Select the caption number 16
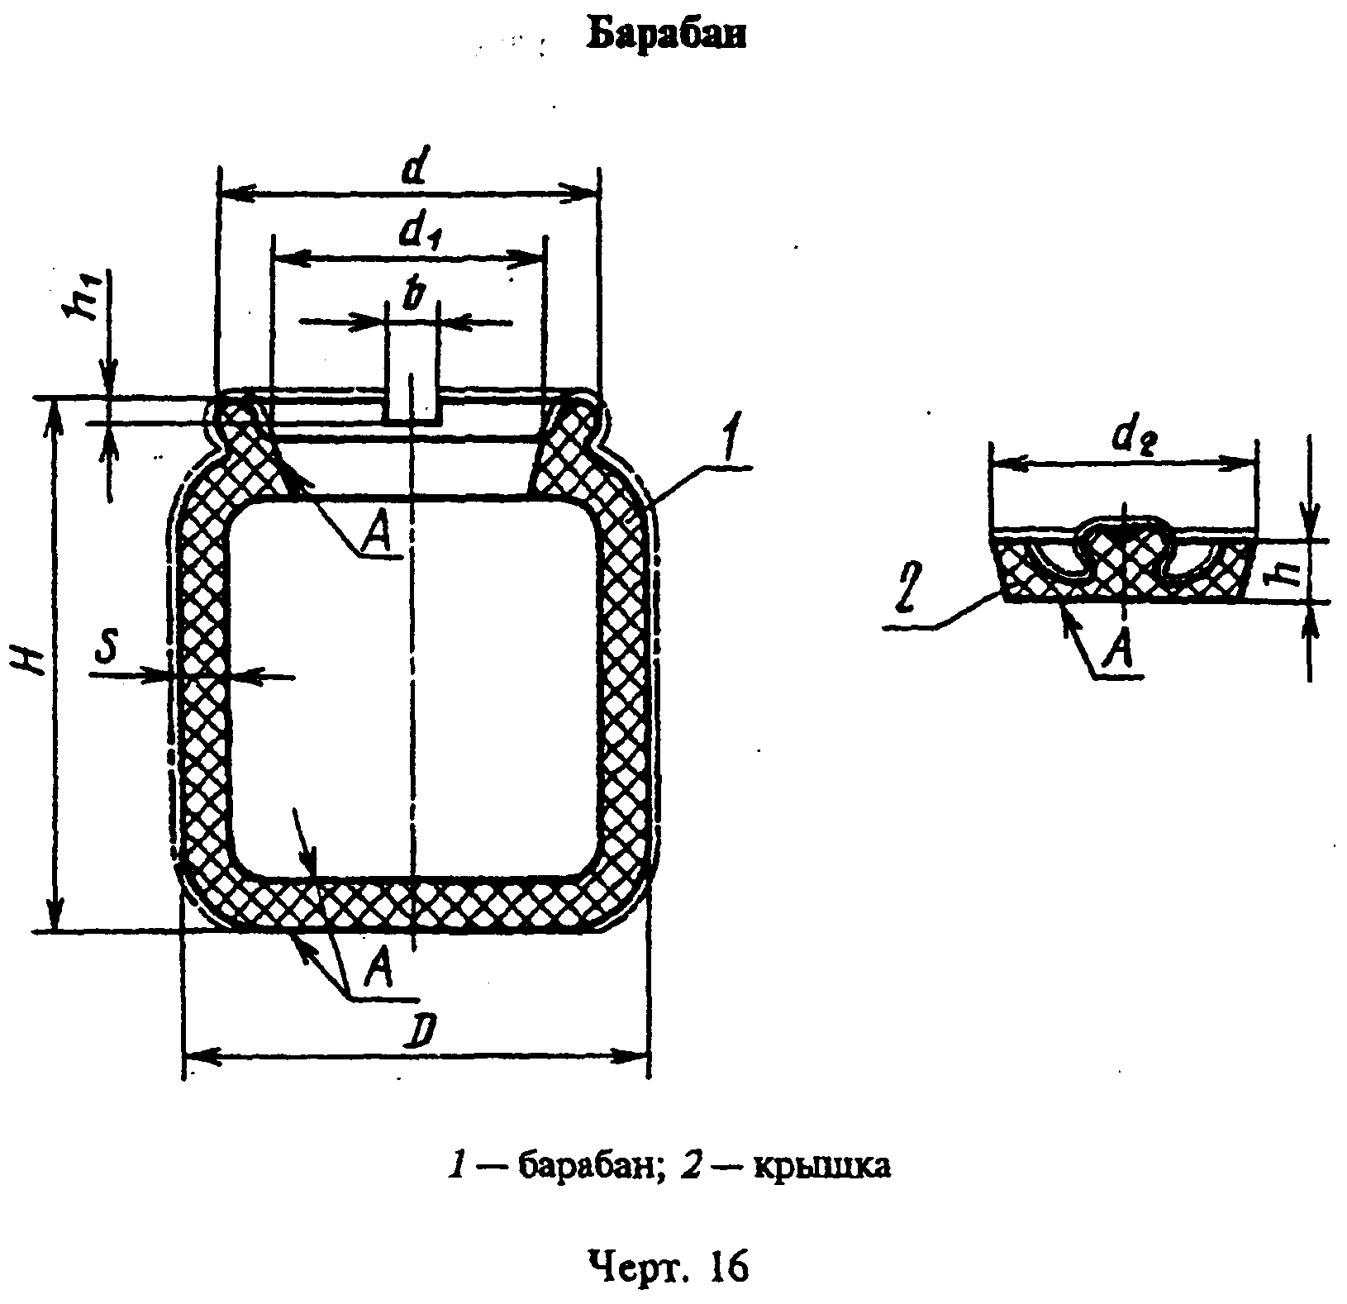coord(727,1267)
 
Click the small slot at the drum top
coord(412,397)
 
